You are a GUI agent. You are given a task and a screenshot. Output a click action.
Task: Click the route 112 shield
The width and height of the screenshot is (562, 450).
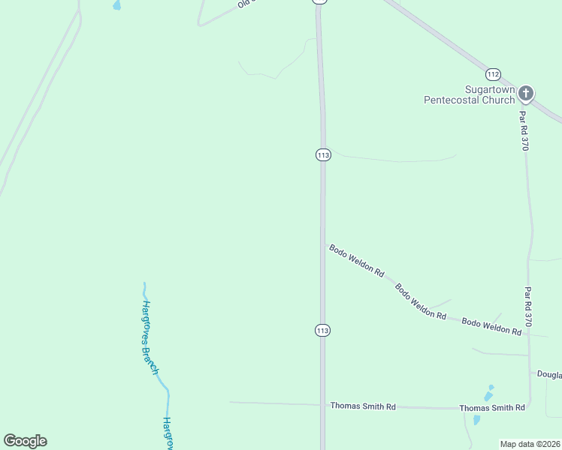click(x=493, y=74)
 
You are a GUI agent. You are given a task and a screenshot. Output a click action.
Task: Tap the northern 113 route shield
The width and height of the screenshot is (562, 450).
click(x=323, y=155)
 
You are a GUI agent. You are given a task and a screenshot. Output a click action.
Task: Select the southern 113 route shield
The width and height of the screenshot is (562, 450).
click(x=323, y=331)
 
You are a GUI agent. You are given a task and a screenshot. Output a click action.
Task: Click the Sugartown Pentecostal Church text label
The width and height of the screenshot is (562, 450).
click(x=470, y=94)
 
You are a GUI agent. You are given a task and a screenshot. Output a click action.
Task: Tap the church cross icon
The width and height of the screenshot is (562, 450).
click(x=526, y=94)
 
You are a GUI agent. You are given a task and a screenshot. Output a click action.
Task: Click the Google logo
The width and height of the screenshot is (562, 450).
click(x=25, y=441)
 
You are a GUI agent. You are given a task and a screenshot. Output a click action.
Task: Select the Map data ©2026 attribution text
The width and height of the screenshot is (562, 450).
click(x=530, y=444)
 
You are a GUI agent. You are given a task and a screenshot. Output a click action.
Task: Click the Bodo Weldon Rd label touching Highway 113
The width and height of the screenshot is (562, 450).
click(x=357, y=259)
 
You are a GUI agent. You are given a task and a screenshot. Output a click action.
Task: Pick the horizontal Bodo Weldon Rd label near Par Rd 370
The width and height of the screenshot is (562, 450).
click(x=491, y=326)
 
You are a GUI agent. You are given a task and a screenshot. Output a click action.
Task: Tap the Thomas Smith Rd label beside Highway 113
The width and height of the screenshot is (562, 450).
click(x=363, y=406)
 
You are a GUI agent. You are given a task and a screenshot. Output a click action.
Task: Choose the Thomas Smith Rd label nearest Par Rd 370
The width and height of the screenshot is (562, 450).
click(x=492, y=407)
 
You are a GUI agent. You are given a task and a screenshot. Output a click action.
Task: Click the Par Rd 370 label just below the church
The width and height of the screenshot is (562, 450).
click(x=524, y=130)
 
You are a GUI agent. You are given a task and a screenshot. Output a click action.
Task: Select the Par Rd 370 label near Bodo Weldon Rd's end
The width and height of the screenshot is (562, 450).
click(x=528, y=306)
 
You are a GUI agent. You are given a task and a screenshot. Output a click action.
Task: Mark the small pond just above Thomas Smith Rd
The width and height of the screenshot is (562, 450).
click(x=488, y=394)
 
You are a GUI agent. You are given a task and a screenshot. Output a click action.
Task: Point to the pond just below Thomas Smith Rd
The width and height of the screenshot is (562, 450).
click(x=476, y=420)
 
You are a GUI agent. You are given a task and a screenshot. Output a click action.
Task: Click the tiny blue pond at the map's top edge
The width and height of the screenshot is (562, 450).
click(x=116, y=5)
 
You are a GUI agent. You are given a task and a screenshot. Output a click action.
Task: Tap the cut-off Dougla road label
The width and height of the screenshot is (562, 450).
click(x=548, y=373)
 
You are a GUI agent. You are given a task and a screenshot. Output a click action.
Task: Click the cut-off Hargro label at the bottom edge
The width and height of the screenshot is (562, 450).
click(x=168, y=433)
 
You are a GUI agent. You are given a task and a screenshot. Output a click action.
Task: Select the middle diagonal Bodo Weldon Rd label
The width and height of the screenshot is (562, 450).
click(x=420, y=301)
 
